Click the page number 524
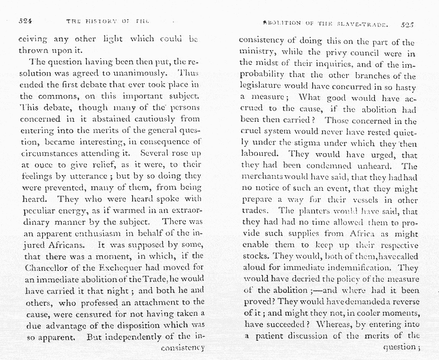27,21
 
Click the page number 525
407,25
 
